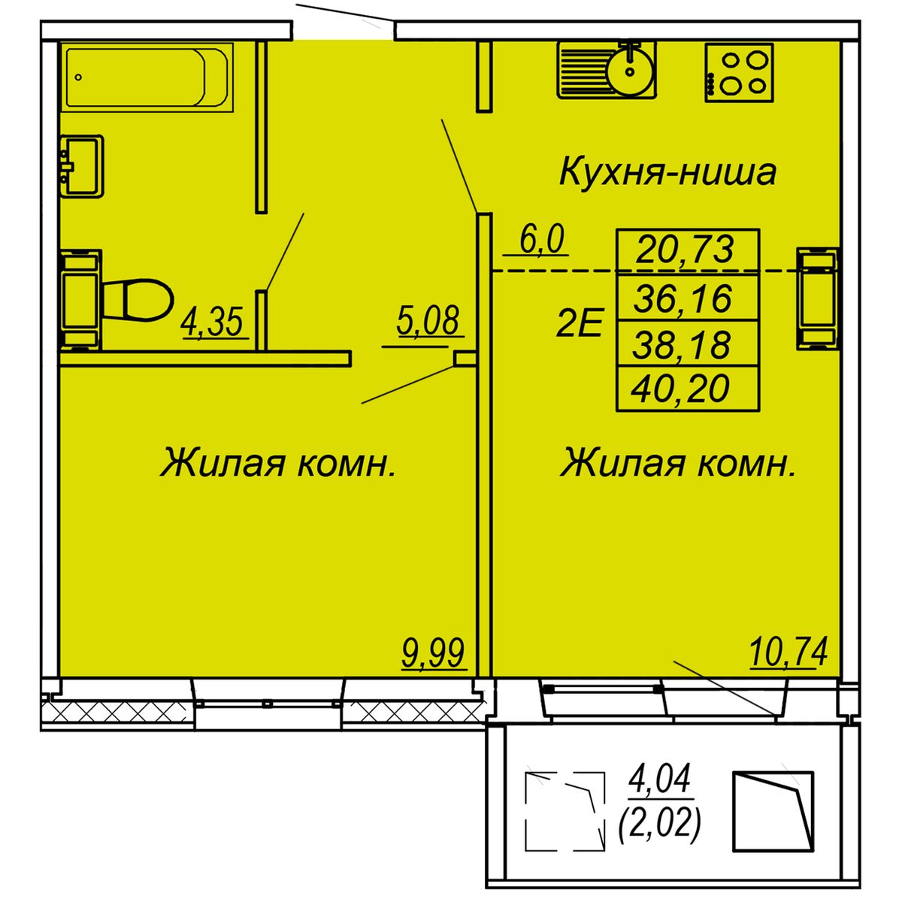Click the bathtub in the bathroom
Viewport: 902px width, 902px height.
147,77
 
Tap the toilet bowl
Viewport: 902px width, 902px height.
136,301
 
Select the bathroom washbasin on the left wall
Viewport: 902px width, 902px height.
81,165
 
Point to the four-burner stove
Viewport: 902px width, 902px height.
739,73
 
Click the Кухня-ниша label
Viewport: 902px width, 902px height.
668,173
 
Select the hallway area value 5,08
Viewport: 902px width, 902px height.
428,321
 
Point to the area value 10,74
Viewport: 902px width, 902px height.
788,652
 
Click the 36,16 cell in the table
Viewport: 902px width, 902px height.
688,298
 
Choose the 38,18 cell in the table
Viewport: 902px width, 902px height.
688,344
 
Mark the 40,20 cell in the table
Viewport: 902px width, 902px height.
688,389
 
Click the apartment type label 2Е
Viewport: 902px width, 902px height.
579,322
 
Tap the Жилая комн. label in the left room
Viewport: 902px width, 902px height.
278,462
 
